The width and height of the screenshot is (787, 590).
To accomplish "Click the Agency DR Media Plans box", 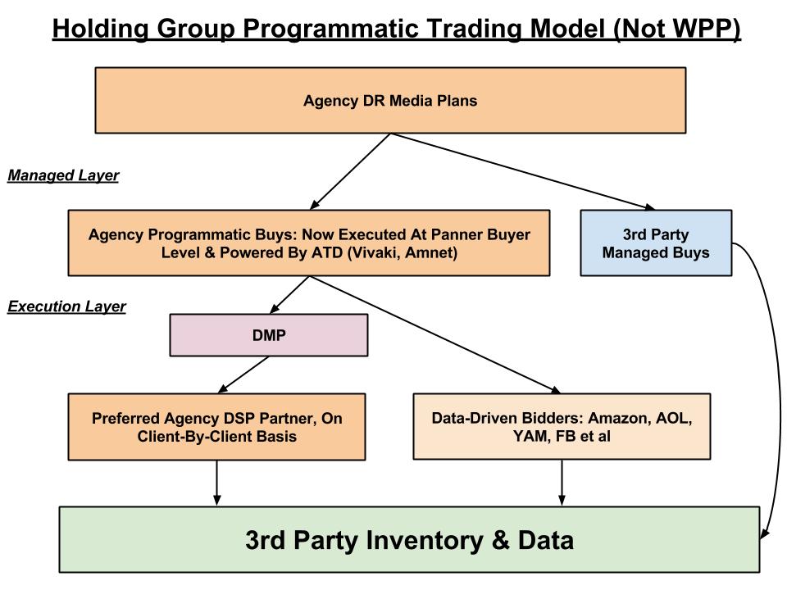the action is tap(390, 100).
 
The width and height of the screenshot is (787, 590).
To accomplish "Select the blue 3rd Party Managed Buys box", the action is tap(656, 243).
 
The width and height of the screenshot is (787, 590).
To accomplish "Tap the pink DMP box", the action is tap(269, 335).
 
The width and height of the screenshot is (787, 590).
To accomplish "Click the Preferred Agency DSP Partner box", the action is tap(216, 427).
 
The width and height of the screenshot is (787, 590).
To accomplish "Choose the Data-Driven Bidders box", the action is tap(562, 426).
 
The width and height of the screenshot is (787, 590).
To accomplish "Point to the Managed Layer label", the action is tap(63, 175).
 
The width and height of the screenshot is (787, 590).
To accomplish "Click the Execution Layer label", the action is tap(66, 306).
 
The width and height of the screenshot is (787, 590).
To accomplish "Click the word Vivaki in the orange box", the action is tap(375, 252).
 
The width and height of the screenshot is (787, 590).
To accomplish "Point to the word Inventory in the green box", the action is tap(424, 540).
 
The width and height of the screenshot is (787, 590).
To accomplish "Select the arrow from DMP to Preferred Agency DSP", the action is tap(244, 374).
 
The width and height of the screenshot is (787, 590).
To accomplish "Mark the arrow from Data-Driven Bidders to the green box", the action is tap(562, 483).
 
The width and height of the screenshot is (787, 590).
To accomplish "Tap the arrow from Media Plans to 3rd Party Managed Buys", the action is tap(523, 171).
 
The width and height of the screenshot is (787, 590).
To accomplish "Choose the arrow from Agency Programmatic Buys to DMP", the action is tap(289, 295).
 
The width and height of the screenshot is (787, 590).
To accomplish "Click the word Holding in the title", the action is tap(100, 29).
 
